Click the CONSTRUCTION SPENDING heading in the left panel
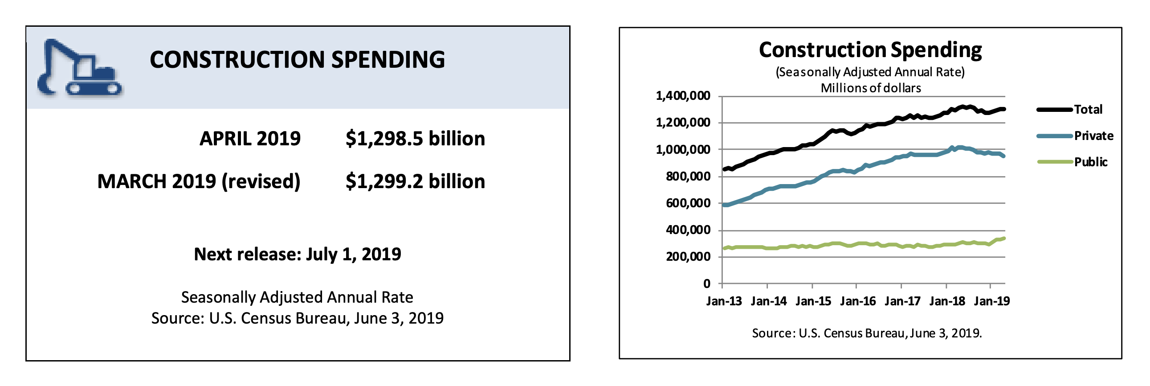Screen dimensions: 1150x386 [298, 59]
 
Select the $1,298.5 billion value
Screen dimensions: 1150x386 [415, 139]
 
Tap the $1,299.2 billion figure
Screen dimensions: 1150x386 [415, 181]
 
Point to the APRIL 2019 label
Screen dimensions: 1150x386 [250, 139]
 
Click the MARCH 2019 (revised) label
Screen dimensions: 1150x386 [199, 181]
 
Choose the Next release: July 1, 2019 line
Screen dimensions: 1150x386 [298, 254]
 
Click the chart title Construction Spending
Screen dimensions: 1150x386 [870, 50]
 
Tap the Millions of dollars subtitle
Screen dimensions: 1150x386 [871, 88]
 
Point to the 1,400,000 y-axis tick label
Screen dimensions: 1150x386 [683, 95]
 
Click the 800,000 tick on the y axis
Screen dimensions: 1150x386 [688, 177]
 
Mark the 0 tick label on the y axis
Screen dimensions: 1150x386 [707, 283]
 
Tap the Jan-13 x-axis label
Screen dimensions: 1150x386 [724, 301]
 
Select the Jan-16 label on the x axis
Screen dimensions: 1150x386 [857, 301]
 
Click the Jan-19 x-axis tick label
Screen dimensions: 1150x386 [991, 301]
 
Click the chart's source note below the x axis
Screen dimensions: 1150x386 [867, 333]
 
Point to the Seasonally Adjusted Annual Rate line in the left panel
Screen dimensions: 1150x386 [298, 298]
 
